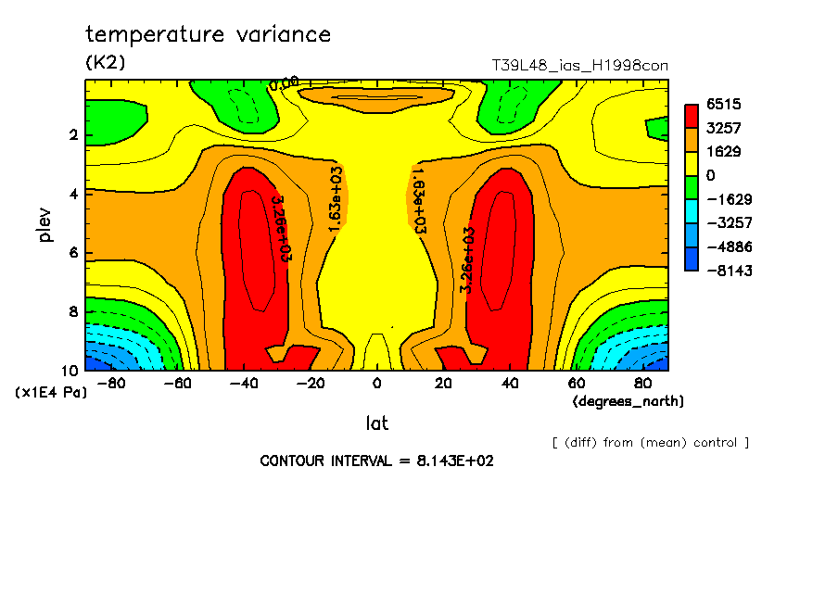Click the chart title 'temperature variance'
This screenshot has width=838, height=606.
[208, 35]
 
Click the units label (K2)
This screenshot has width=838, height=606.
[105, 63]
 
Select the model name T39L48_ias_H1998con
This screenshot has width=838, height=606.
[579, 66]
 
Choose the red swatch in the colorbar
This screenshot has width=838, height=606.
[691, 116]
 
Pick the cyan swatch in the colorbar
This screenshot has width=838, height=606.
[691, 223]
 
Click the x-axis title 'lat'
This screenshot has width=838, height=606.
[376, 423]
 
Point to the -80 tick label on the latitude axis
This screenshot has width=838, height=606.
[111, 383]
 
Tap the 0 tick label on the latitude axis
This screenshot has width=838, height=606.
[376, 383]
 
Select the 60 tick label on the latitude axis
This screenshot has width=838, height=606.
[576, 383]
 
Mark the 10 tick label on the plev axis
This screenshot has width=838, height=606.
[71, 370]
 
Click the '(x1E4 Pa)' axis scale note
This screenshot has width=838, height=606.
[50, 393]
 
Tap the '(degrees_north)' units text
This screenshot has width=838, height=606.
[628, 401]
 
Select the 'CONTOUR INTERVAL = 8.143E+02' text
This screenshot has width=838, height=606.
[376, 461]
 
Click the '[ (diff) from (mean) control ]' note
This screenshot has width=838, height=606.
[651, 443]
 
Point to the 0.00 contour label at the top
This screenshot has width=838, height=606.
[284, 83]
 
